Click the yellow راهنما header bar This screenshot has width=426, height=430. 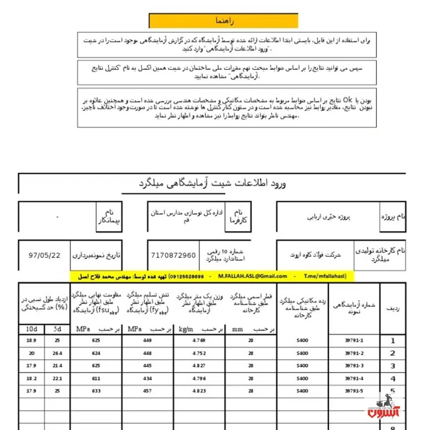click(x=223, y=20)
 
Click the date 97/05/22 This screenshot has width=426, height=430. click(x=45, y=255)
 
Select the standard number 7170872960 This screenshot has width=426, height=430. click(x=173, y=255)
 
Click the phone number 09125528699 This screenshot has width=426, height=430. click(x=186, y=276)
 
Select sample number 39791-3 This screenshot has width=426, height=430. click(x=353, y=366)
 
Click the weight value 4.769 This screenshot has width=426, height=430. click(x=199, y=341)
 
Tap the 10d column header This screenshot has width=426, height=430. click(x=31, y=329)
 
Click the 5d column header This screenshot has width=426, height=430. click(x=57, y=329)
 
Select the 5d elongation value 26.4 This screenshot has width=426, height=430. click(x=57, y=353)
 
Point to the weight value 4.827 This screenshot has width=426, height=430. click(x=199, y=366)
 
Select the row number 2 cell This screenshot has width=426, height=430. click(x=393, y=354)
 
